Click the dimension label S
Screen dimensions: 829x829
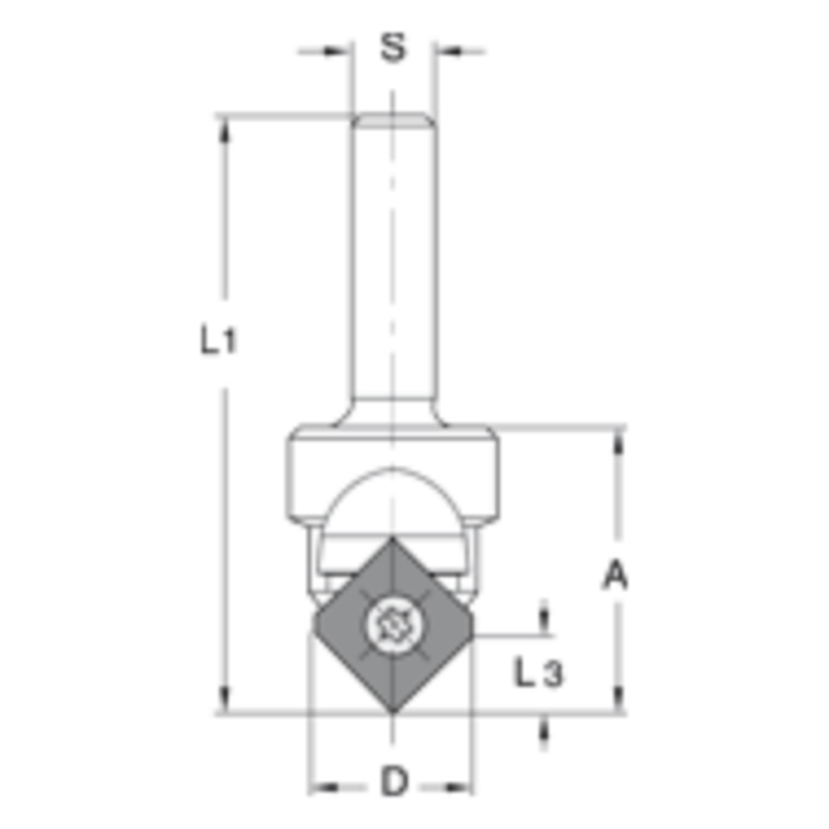tap(393, 48)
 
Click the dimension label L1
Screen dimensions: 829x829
tap(218, 341)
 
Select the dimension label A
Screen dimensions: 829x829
tap(614, 575)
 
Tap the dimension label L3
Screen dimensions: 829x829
tap(538, 674)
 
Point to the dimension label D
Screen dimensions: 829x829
tap(395, 782)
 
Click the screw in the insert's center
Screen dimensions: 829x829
tap(391, 623)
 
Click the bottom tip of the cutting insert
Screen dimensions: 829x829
tap(393, 710)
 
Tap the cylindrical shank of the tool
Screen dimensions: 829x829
tap(392, 265)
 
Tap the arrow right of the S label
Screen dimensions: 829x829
tap(448, 51)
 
